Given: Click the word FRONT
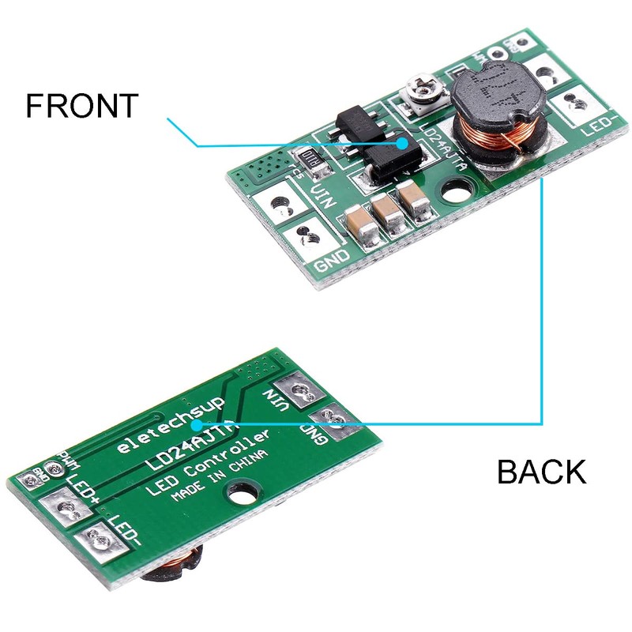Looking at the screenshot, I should [x=82, y=106].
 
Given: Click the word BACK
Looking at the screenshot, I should [x=541, y=472].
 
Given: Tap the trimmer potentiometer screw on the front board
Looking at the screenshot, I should [x=416, y=92].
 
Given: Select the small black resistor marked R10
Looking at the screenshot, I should [x=310, y=160].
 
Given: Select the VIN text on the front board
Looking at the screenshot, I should [x=322, y=197].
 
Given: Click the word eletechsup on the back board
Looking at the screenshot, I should [x=171, y=426].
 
